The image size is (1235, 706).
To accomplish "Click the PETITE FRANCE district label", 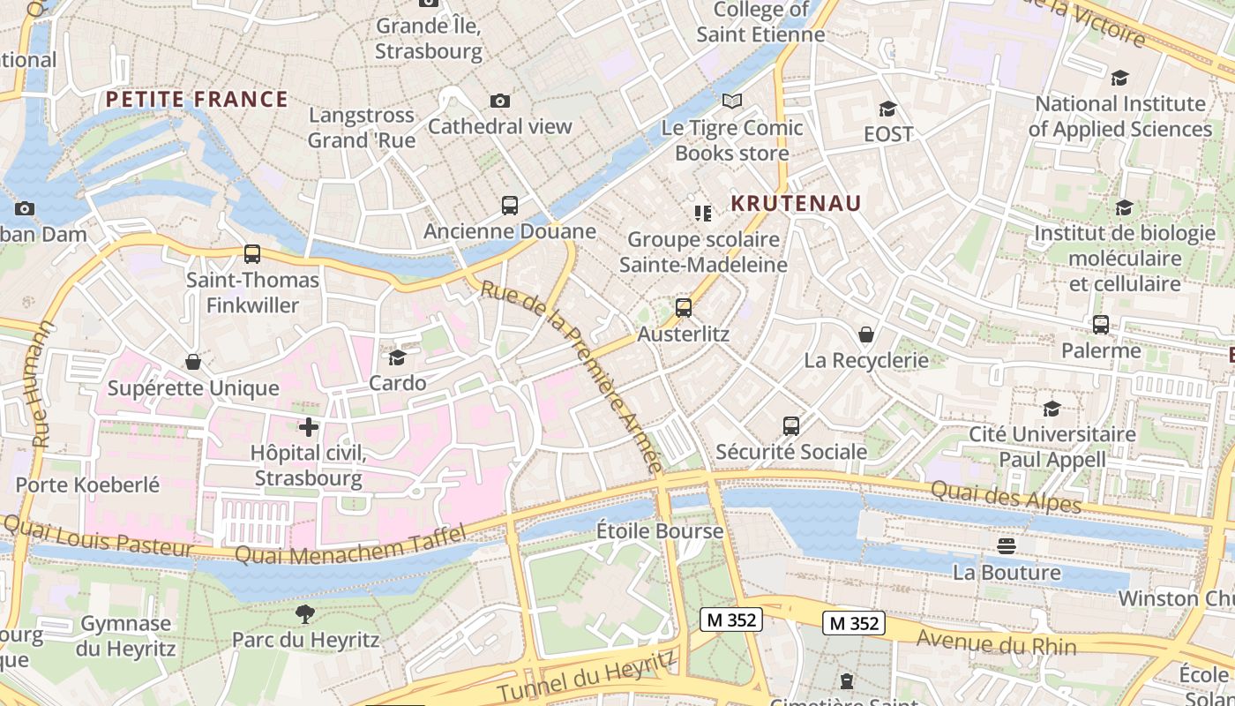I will tap(197, 99).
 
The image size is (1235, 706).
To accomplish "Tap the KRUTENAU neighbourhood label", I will tap(796, 204).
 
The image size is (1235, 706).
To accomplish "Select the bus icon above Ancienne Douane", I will tap(510, 206).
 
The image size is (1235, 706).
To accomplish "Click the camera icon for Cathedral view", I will tap(500, 101).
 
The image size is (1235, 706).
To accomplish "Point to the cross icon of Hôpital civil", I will tap(308, 428).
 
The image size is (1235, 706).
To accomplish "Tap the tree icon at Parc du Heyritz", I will tap(305, 613).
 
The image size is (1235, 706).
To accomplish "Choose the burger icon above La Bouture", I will tap(1007, 546).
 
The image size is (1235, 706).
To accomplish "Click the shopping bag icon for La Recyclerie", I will tap(866, 334).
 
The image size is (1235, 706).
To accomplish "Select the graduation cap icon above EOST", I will tap(887, 109).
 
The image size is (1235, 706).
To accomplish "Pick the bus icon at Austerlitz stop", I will tap(684, 308).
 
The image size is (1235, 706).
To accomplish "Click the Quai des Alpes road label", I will tap(1006, 496).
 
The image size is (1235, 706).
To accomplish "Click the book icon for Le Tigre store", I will tap(732, 101).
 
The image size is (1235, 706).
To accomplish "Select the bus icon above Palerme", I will tap(1101, 325).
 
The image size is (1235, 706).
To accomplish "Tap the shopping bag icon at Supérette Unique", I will tap(193, 362).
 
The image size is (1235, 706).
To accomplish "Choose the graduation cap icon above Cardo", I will tap(397, 357).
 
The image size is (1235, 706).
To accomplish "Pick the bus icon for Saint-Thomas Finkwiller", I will tap(252, 254).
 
